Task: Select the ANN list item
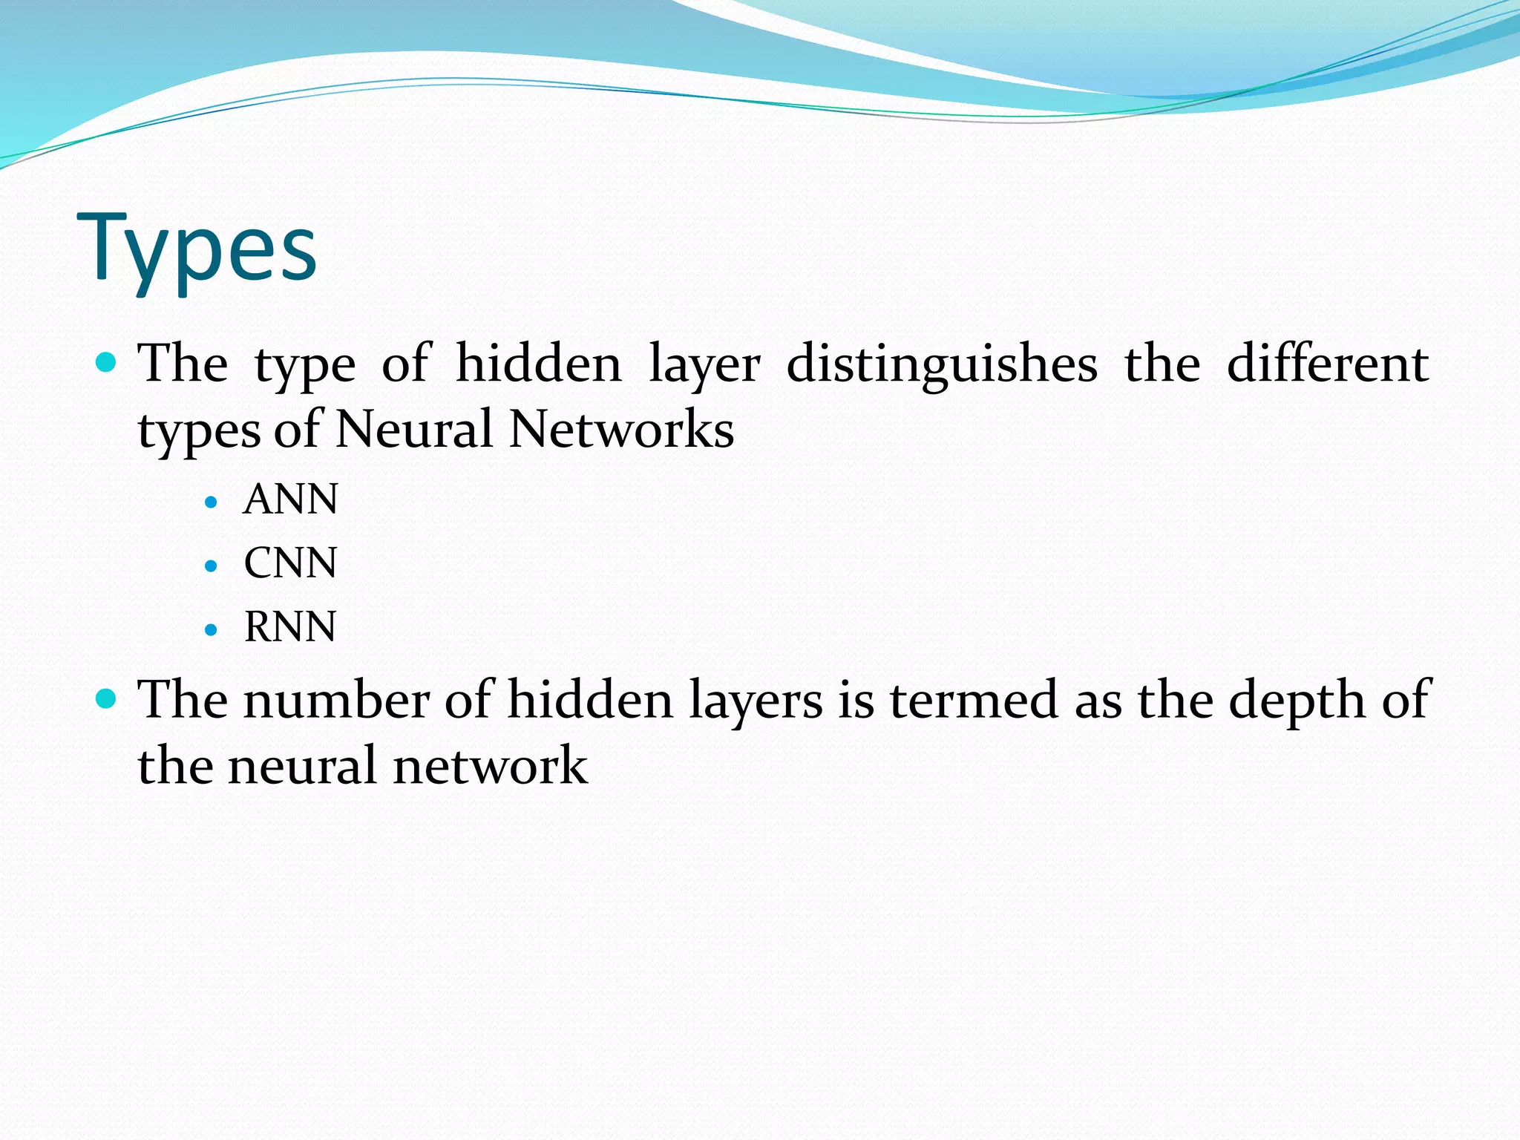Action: point(290,499)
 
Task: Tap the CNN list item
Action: point(290,563)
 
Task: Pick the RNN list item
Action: point(290,626)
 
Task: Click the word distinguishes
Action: point(942,365)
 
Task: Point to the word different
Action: point(1327,364)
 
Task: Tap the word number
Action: point(336,700)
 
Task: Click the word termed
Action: point(974,700)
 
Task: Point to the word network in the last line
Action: point(490,766)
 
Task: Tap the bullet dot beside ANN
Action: point(211,502)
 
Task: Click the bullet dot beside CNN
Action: point(211,566)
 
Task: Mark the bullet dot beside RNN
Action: point(211,630)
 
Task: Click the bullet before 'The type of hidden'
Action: point(107,362)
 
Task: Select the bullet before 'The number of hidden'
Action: point(107,698)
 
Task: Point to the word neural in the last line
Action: point(303,766)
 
